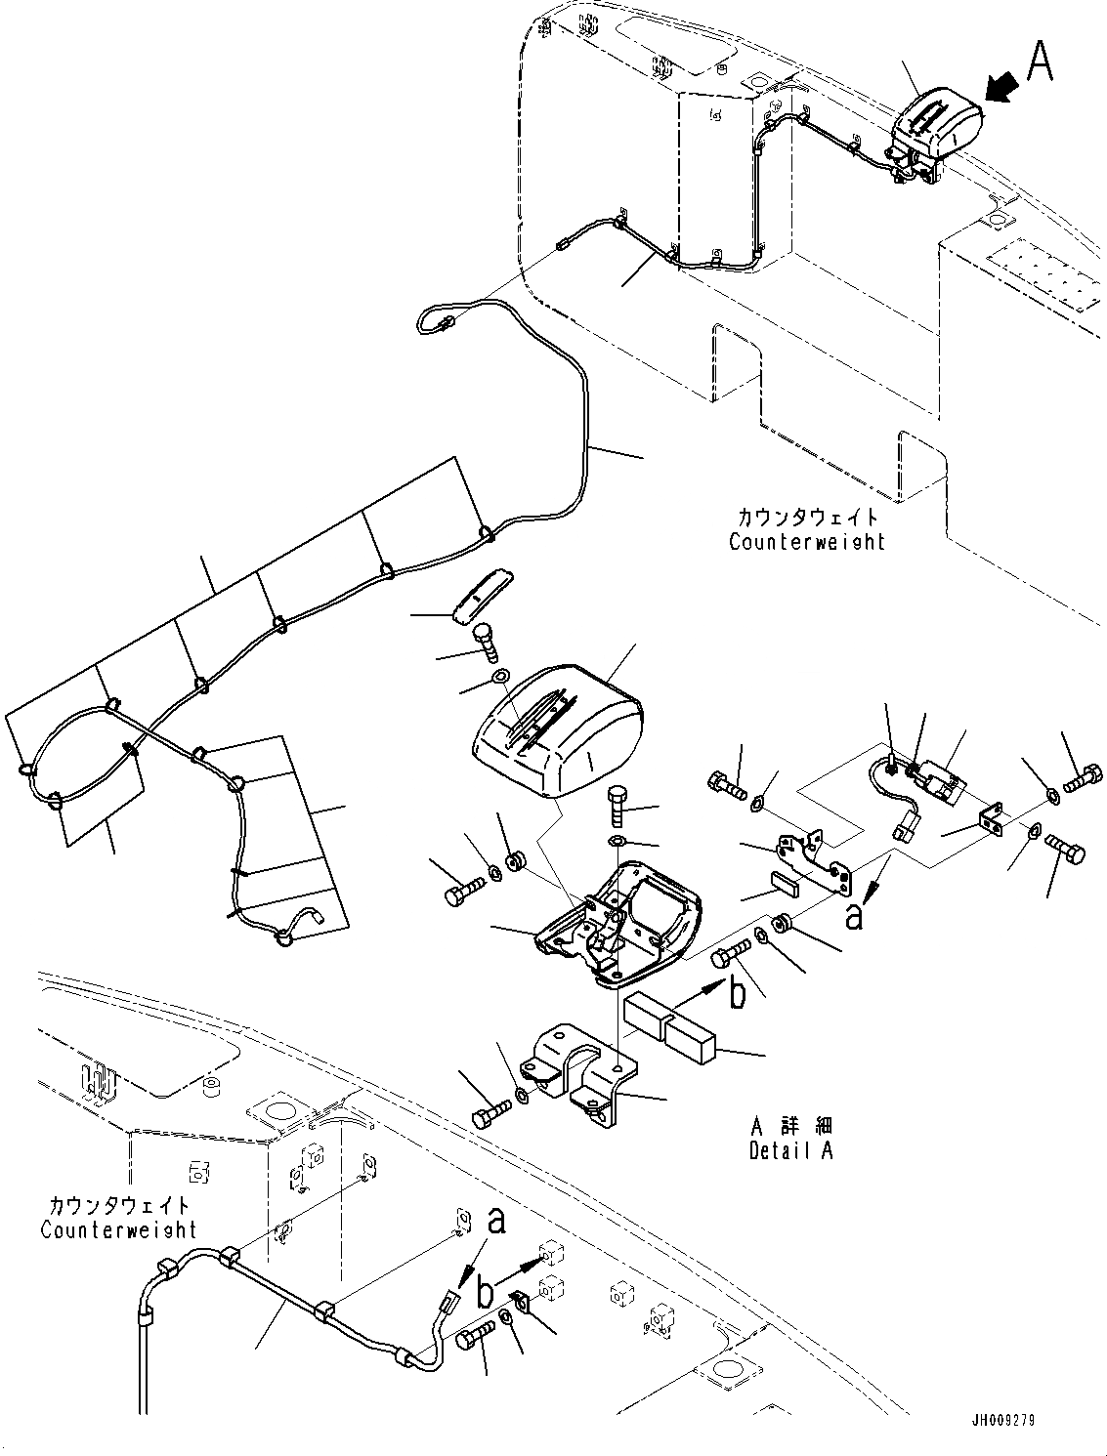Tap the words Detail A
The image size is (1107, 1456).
[x=790, y=1150]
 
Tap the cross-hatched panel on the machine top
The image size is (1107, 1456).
[x=1042, y=276]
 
